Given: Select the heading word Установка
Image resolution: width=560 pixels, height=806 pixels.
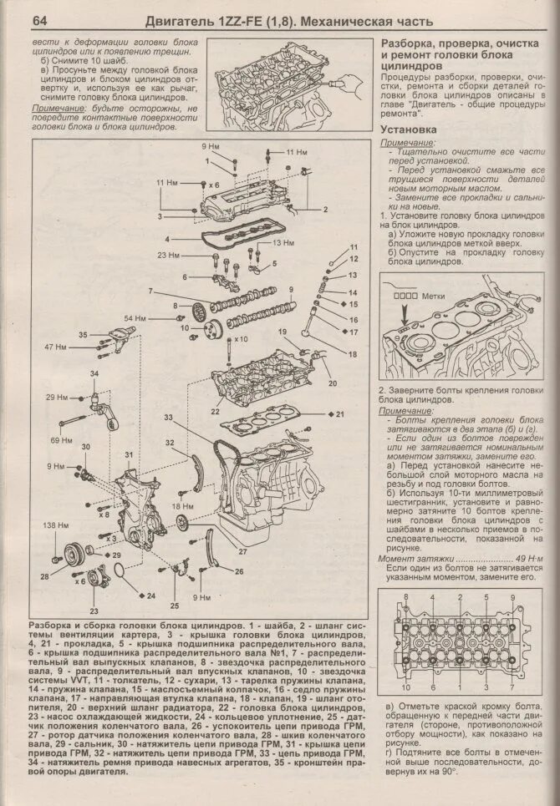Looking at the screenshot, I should pyautogui.click(x=409, y=130).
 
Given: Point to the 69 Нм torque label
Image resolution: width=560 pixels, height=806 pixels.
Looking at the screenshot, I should pyautogui.click(x=61, y=438).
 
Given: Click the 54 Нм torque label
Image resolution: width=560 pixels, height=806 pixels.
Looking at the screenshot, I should pyautogui.click(x=135, y=319).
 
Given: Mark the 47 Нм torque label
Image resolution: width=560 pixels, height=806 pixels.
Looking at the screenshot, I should pyautogui.click(x=55, y=346).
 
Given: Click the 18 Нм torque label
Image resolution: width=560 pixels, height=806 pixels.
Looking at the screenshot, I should pyautogui.click(x=182, y=506).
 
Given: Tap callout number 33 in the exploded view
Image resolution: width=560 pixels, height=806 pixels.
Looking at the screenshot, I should pyautogui.click(x=169, y=417).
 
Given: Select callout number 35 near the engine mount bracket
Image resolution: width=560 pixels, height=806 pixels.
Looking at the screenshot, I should pyautogui.click(x=83, y=335).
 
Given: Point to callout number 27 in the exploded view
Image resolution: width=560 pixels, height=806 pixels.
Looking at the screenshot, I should pyautogui.click(x=243, y=551).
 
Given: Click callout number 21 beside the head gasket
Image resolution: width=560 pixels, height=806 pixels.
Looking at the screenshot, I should pyautogui.click(x=339, y=414).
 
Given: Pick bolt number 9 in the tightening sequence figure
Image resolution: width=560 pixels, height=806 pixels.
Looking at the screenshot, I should pyautogui.click(x=512, y=598).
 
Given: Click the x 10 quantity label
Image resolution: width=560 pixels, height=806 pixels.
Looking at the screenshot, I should pyautogui.click(x=241, y=339).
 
